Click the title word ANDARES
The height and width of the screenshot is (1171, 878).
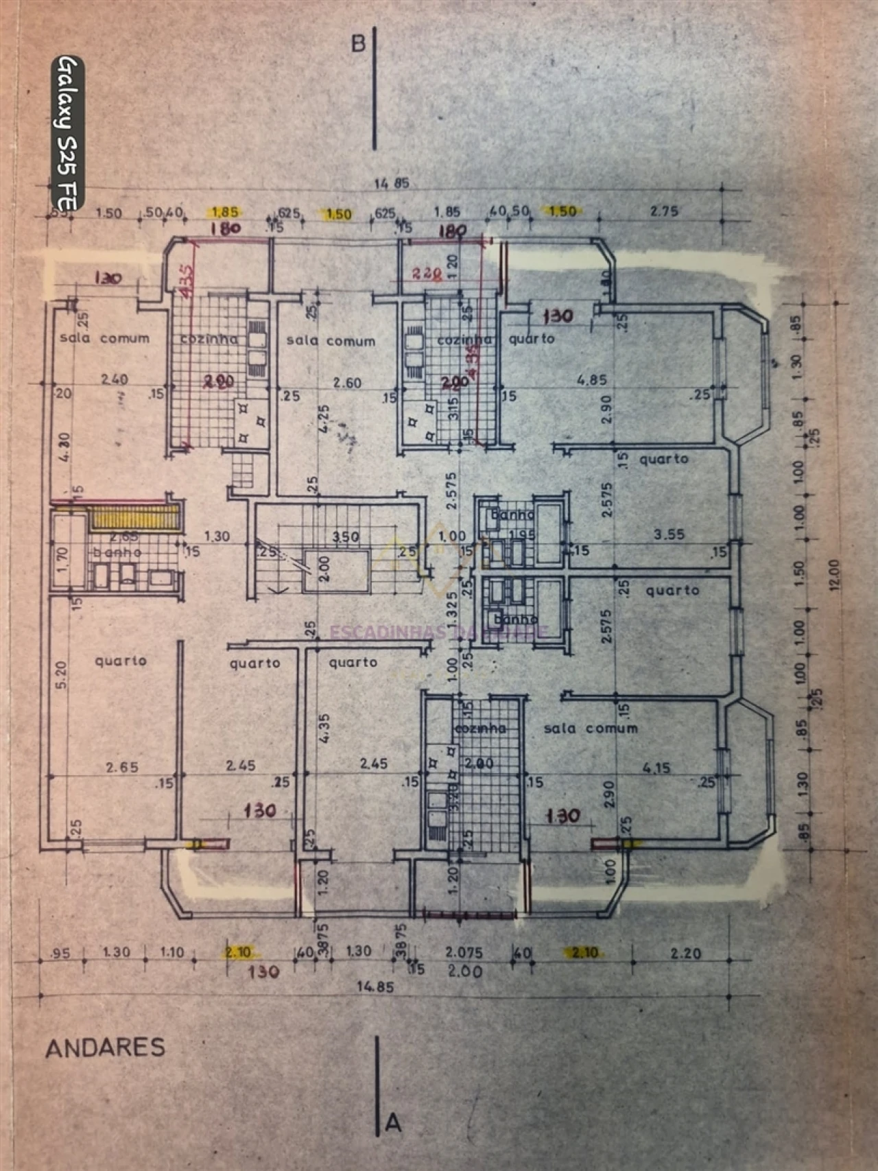pos(106,1048)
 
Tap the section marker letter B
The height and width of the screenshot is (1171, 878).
pos(358,44)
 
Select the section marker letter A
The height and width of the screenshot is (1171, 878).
pos(393,1122)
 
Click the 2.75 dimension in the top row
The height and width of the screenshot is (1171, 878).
pos(664,211)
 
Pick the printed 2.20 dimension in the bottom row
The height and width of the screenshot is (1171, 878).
pos(685,953)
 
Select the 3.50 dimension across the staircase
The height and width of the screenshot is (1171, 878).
pos(346,537)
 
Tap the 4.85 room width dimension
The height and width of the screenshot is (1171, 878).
pos(591,380)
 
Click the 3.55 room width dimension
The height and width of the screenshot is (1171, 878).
pos(669,534)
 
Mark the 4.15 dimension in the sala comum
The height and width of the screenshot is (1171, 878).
pos(656,768)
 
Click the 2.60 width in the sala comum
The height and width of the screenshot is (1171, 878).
pos(346,383)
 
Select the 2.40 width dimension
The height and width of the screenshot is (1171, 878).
pos(115,379)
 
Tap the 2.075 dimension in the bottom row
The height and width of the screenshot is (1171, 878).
pos(464,952)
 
